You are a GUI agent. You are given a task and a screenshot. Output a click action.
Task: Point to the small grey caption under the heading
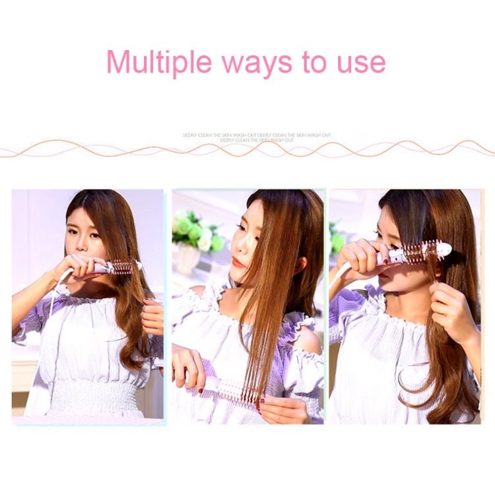257,137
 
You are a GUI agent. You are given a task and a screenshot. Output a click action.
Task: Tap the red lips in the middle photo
238,261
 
